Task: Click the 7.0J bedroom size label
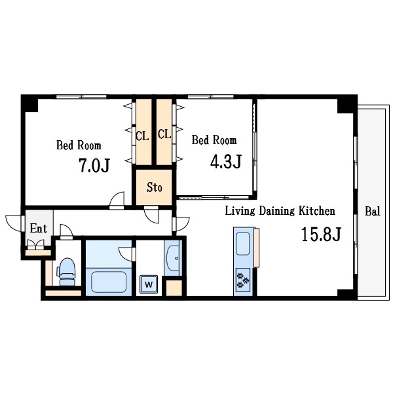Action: click(94, 165)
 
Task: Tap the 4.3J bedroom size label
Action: click(226, 161)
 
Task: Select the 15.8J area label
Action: click(321, 234)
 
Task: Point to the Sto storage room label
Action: click(155, 187)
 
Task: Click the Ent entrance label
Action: click(39, 229)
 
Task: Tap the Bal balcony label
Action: click(373, 211)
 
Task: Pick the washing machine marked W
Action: click(149, 284)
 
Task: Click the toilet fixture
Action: click(66, 272)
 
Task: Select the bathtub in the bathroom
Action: click(109, 282)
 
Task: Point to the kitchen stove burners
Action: click(243, 280)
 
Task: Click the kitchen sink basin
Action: click(242, 244)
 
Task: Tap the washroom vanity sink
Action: click(173, 258)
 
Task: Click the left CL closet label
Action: click(142, 136)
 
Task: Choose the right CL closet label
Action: click(164, 134)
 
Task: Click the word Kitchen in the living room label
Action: click(317, 211)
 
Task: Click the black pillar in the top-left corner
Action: click(29, 103)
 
